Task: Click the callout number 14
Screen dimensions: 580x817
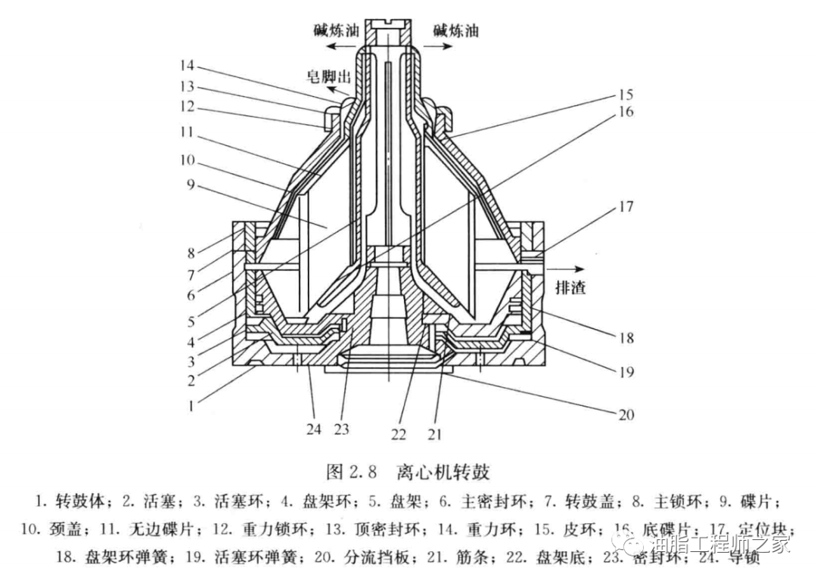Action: [x=186, y=65]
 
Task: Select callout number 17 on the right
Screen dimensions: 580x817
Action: [x=627, y=206]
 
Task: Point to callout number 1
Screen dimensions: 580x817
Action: [x=191, y=405]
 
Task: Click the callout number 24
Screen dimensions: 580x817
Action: [x=313, y=430]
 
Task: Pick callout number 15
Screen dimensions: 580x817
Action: [x=625, y=95]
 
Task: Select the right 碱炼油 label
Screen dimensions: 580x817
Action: [x=455, y=31]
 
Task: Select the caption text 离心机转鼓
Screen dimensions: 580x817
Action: [x=443, y=473]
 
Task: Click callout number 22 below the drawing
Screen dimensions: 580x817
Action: [x=399, y=434]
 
